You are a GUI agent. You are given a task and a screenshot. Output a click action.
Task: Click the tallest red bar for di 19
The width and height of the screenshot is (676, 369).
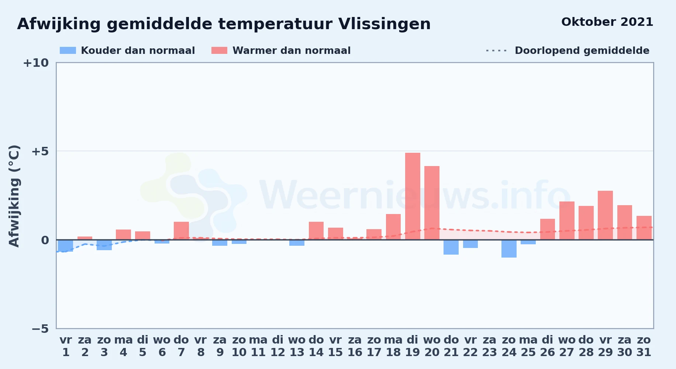point(413,196)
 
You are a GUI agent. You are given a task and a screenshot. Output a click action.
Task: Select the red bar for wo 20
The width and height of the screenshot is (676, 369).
point(432,203)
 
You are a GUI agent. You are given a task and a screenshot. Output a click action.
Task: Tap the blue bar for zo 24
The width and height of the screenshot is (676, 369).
point(509,249)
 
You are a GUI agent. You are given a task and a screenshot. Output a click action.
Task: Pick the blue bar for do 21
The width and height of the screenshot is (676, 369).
point(451,247)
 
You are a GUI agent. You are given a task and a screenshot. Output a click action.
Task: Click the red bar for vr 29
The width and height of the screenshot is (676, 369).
point(605,215)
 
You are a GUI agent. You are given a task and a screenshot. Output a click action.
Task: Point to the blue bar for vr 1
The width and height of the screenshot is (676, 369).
point(66,246)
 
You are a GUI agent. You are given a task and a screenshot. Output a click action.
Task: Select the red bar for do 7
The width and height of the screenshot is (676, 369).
point(181,231)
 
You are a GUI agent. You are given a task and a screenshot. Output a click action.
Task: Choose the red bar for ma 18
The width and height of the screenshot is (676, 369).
point(393,227)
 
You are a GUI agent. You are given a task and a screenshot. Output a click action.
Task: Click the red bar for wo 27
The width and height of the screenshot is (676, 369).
point(567,221)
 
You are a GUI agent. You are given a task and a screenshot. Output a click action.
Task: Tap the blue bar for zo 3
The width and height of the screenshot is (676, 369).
point(104,245)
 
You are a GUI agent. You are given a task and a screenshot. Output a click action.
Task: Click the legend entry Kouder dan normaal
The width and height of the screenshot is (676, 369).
point(127,51)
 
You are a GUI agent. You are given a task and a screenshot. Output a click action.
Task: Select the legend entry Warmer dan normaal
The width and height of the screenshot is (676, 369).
point(281,51)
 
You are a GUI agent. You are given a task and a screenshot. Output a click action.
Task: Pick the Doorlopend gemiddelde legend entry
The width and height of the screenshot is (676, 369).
point(568,51)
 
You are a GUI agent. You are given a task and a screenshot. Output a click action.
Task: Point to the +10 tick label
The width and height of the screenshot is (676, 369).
point(36,63)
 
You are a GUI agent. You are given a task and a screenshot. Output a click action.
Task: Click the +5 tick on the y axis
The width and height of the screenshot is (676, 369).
point(40,151)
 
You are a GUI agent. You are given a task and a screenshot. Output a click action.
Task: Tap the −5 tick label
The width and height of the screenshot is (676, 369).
point(40,328)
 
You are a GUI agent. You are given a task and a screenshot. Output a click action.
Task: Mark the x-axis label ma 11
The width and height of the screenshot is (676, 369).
point(258,346)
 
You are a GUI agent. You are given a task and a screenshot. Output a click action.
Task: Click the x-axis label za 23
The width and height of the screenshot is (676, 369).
point(490,346)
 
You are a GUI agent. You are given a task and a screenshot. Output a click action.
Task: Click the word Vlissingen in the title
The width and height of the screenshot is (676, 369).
point(384,24)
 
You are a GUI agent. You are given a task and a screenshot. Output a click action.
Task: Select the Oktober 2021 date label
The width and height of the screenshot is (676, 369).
point(607,22)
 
